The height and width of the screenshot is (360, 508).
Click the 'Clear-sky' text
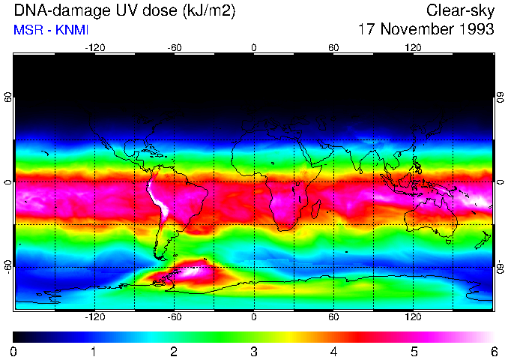click(460, 10)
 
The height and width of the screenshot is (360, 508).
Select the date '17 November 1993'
click(426, 30)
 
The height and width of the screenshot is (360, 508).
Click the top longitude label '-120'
click(94, 47)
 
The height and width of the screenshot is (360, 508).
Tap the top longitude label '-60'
click(175, 47)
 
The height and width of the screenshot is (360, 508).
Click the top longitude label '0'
click(254, 47)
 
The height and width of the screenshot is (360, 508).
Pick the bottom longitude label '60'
click(333, 317)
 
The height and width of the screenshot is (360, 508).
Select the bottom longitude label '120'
click(413, 317)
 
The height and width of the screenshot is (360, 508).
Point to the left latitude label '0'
click(7, 182)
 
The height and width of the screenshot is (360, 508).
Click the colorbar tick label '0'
click(14, 351)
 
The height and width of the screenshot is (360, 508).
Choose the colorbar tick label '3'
click(254, 351)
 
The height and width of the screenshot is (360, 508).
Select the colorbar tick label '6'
click(493, 351)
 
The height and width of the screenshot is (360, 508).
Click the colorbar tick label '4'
click(333, 351)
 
